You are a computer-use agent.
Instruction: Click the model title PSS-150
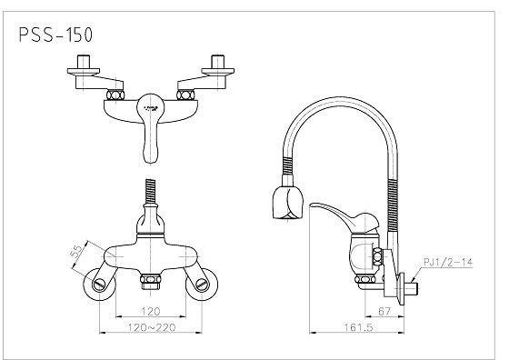point(55,35)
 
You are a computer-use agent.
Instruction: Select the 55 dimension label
point(77,252)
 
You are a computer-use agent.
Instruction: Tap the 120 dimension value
point(151,312)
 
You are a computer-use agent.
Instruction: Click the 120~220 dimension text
point(152,327)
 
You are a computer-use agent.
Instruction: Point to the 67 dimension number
point(384,311)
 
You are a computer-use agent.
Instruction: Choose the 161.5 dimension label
point(359,327)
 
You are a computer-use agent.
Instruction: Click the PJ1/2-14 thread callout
point(448,262)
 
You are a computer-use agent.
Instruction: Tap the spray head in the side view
point(287,202)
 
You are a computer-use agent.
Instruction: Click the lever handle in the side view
point(344,217)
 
